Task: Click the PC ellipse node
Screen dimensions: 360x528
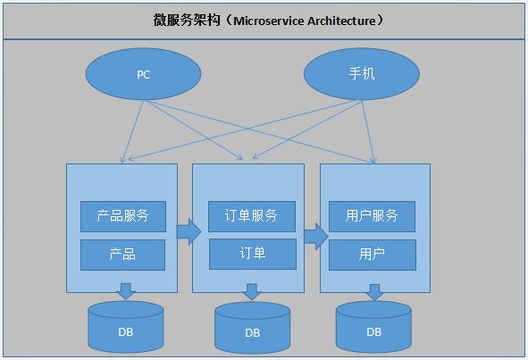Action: tap(144, 74)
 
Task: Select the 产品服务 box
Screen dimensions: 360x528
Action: tap(122, 215)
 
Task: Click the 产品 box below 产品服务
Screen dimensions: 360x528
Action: tap(122, 254)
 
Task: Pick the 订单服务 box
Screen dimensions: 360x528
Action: tap(252, 215)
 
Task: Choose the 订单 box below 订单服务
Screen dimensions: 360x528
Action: tap(252, 254)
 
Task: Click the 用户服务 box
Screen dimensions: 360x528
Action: tap(372, 215)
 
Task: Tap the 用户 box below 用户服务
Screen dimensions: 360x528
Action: tap(372, 254)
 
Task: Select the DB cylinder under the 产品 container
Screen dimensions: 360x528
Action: tap(126, 327)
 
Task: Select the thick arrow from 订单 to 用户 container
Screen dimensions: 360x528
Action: tap(315, 236)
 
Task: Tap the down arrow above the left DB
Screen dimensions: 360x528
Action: tap(126, 291)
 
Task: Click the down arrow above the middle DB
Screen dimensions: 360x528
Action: tap(253, 292)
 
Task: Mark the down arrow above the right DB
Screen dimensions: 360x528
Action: tap(373, 291)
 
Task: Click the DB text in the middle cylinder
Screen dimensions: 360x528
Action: tap(253, 333)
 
